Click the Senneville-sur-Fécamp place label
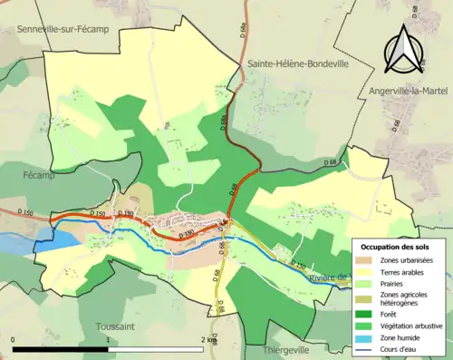[68, 31]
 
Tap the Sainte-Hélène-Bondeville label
[294, 64]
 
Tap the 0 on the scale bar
[14, 339]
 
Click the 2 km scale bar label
[209, 339]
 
